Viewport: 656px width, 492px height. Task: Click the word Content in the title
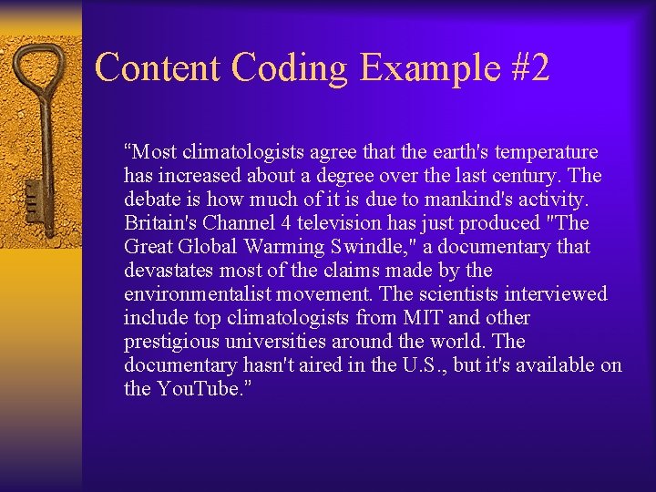(x=157, y=67)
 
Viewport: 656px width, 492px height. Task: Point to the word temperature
(x=545, y=152)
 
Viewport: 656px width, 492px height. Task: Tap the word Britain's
(x=165, y=223)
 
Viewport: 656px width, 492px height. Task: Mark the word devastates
(x=171, y=271)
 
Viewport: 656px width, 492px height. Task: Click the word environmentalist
(x=197, y=294)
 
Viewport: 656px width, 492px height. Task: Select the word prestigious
(x=170, y=342)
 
